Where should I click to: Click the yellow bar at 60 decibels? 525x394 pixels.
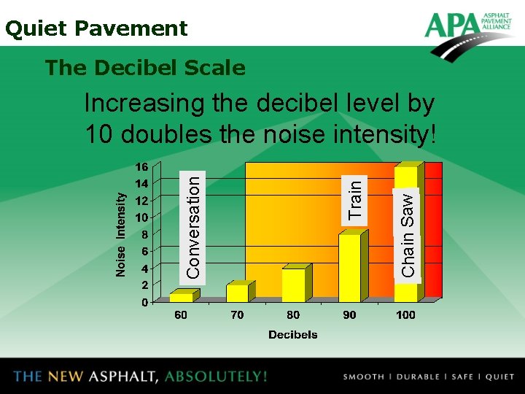tap(182, 297)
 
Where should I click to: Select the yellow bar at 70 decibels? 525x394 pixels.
tap(238, 293)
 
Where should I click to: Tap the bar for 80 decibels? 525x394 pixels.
tap(293, 285)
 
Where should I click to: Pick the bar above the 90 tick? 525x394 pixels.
tap(349, 268)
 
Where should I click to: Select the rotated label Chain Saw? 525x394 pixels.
tap(408, 233)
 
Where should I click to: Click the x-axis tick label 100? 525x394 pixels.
tap(405, 315)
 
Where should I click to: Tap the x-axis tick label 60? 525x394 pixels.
tap(180, 315)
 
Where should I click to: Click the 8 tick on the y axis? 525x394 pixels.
tap(144, 234)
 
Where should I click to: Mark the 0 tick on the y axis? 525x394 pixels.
tap(144, 302)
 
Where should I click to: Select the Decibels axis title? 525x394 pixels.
tap(293, 335)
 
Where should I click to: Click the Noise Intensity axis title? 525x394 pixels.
tap(121, 234)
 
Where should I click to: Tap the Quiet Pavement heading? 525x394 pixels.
tap(96, 28)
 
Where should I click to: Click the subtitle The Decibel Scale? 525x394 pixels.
tap(145, 68)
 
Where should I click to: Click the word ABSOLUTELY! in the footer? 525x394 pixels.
tap(216, 376)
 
